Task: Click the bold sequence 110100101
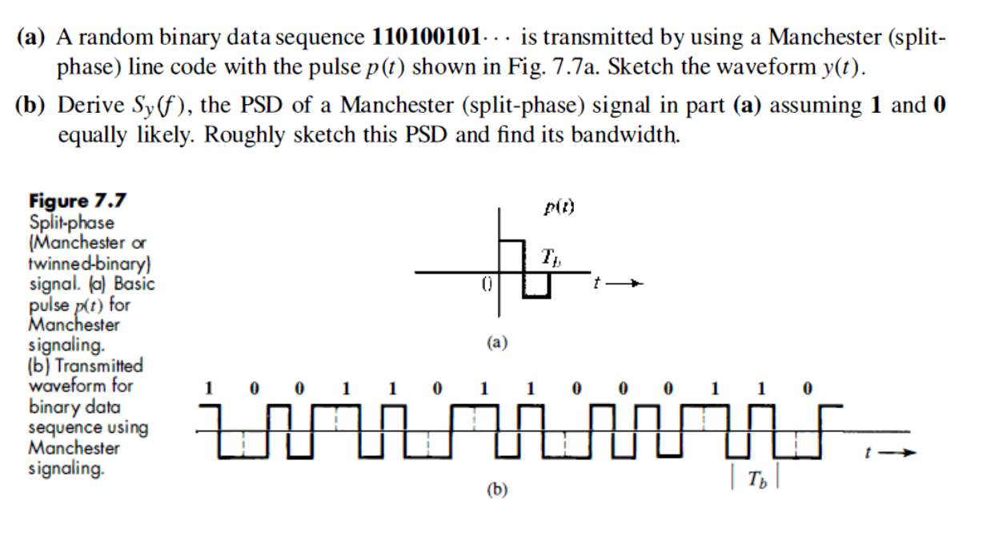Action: pyautogui.click(x=428, y=37)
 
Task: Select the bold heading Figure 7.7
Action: pyautogui.click(x=78, y=201)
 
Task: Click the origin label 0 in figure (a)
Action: pyautogui.click(x=486, y=283)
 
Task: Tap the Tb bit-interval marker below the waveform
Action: pyautogui.click(x=755, y=479)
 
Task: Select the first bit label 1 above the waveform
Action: pyautogui.click(x=210, y=390)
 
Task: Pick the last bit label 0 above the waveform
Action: pyautogui.click(x=807, y=390)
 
